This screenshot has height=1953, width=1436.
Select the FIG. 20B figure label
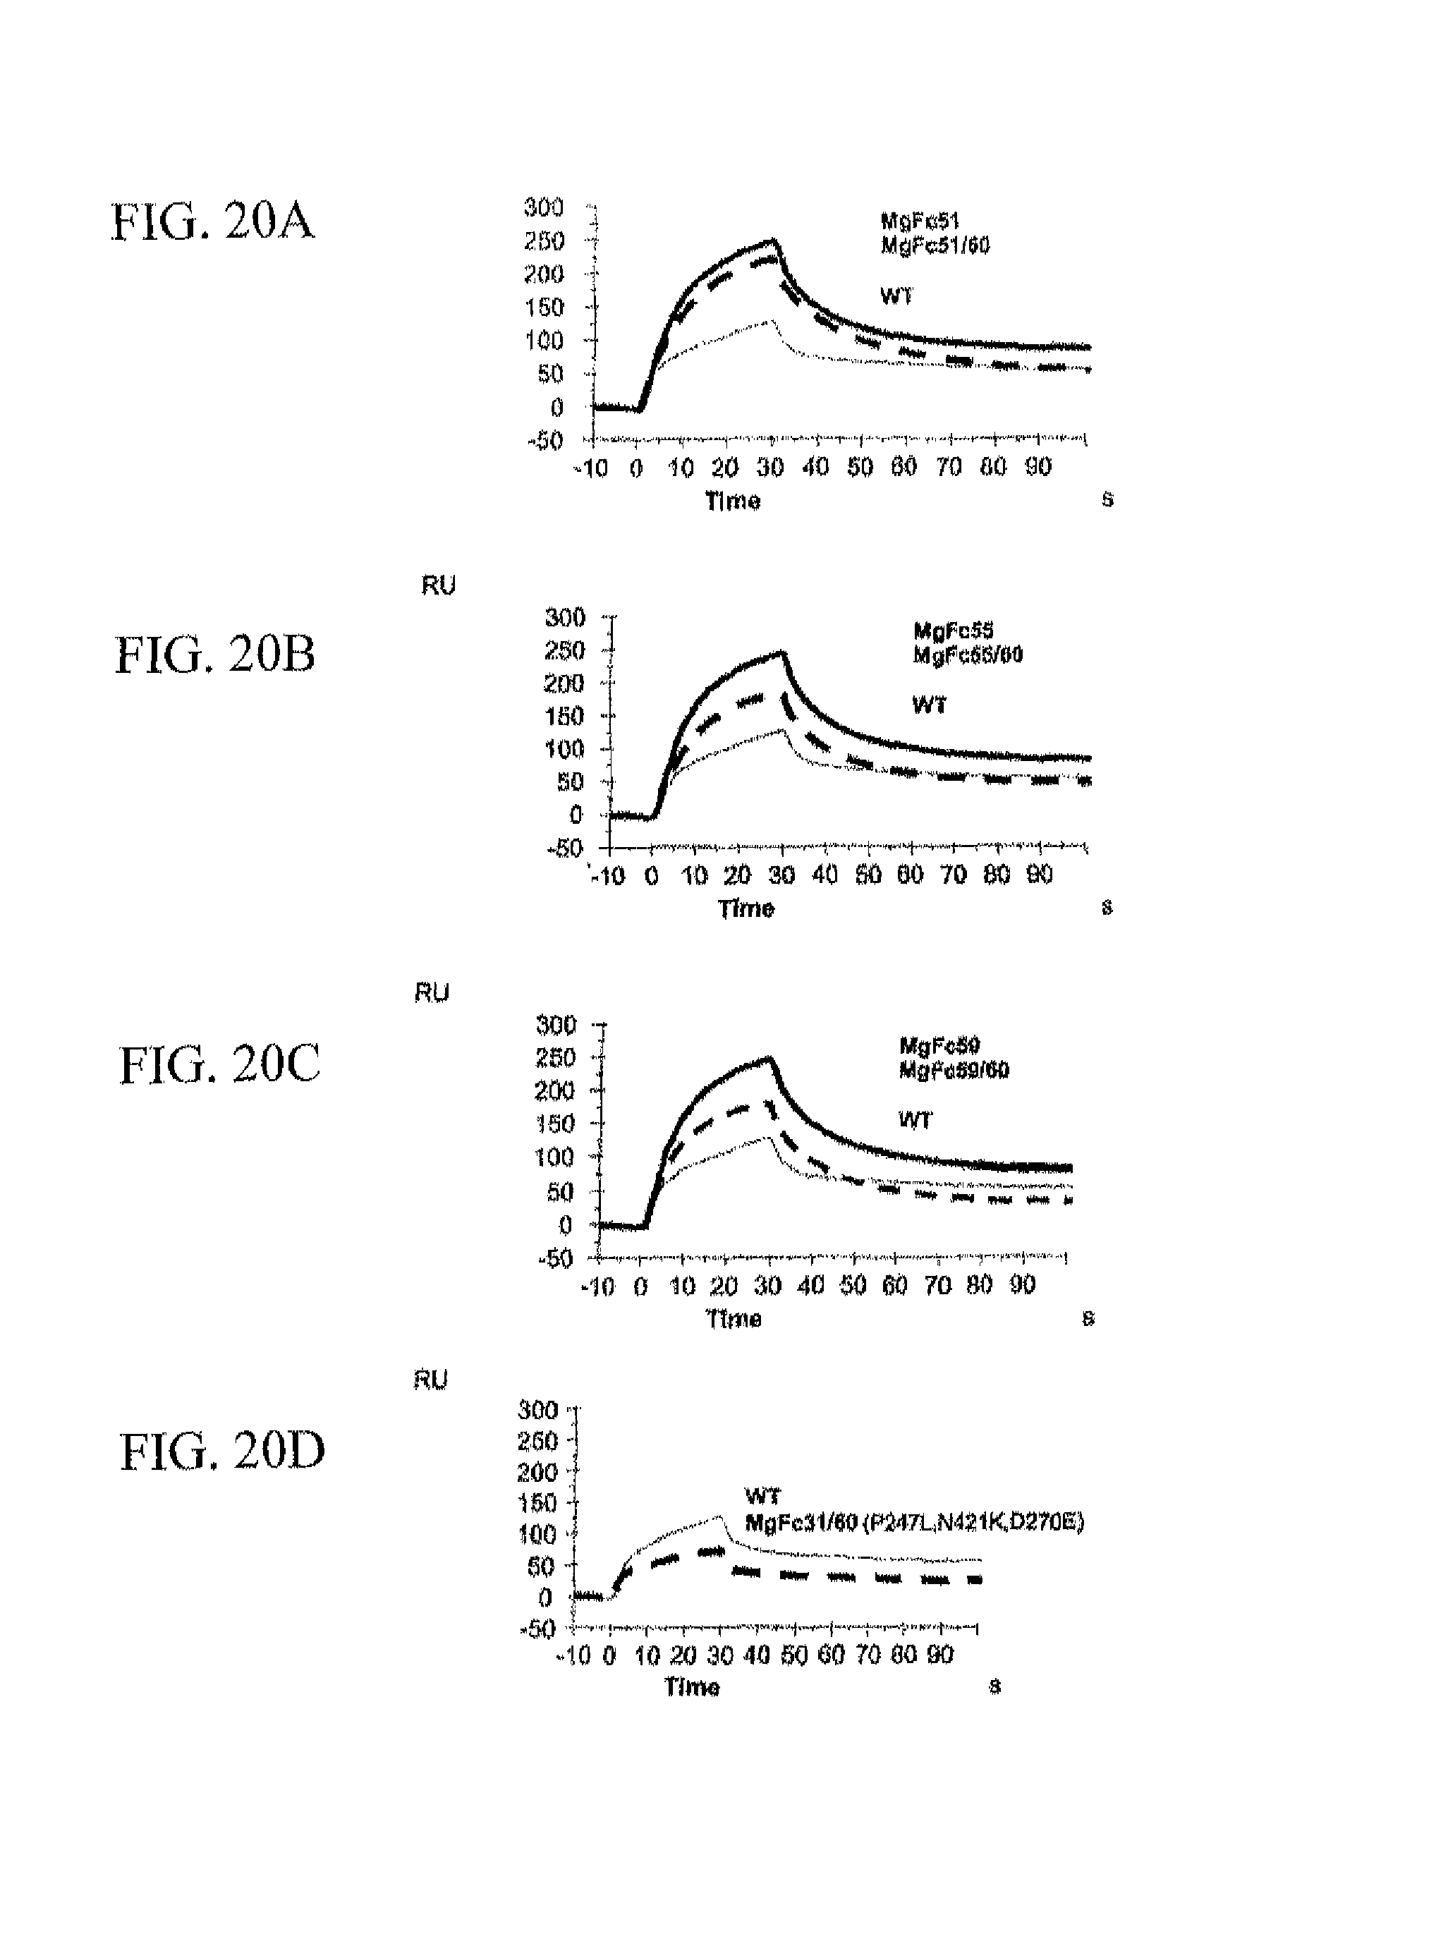click(x=214, y=655)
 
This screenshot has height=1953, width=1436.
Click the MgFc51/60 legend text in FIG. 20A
click(x=935, y=246)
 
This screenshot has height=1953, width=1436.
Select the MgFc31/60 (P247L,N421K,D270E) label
click(x=915, y=1523)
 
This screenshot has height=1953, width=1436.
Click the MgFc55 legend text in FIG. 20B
click(x=953, y=630)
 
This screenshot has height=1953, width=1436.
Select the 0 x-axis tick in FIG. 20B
click(x=651, y=875)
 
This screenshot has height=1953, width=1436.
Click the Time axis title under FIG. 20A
click(x=732, y=501)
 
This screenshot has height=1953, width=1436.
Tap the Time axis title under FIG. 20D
click(x=692, y=1688)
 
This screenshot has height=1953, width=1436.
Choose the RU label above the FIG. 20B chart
click(x=438, y=586)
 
